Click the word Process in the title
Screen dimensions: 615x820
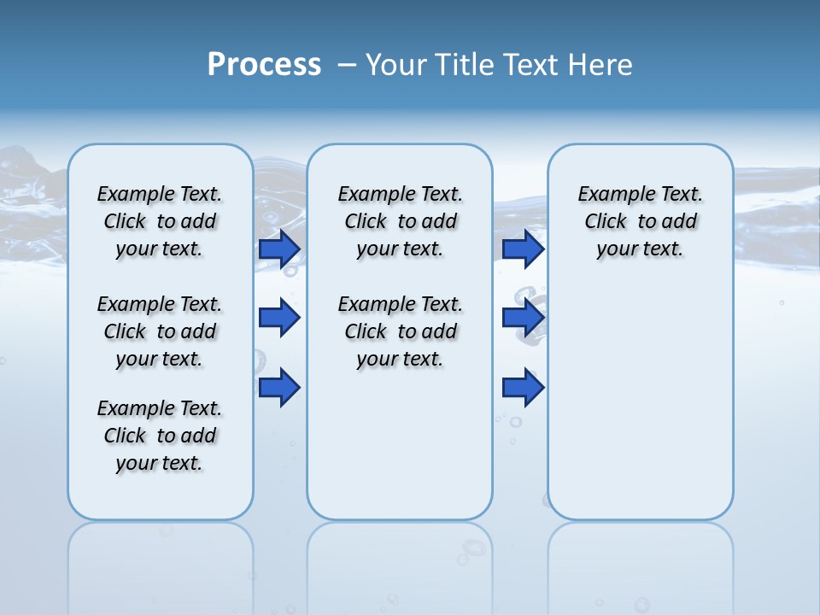pyautogui.click(x=264, y=65)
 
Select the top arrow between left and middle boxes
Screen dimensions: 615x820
pyautogui.click(x=279, y=249)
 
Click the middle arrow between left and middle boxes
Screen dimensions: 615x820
pyautogui.click(x=279, y=318)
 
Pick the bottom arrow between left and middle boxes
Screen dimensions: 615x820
pyautogui.click(x=279, y=387)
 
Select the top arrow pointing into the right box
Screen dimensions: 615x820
pyautogui.click(x=523, y=249)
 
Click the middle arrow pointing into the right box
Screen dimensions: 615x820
pyautogui.click(x=523, y=318)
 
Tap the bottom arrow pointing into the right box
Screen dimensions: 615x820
pyautogui.click(x=523, y=387)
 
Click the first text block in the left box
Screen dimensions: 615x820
pyautogui.click(x=160, y=221)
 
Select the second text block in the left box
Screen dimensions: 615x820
pyautogui.click(x=160, y=331)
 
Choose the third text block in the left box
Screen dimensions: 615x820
pyautogui.click(x=160, y=436)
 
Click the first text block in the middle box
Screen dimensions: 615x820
pyautogui.click(x=400, y=221)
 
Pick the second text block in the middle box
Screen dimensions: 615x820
pyautogui.click(x=400, y=331)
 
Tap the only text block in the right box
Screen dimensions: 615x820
pyautogui.click(x=640, y=221)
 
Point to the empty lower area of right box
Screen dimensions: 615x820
pyautogui.click(x=640, y=401)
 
